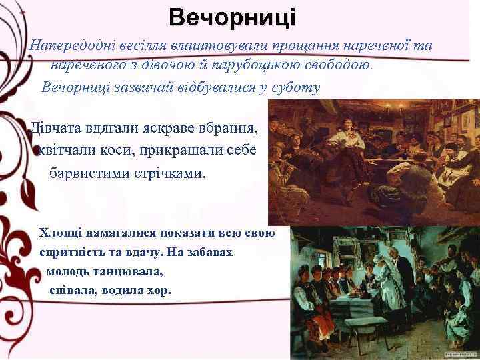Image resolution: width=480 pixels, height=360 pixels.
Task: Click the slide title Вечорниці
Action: [231, 16]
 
